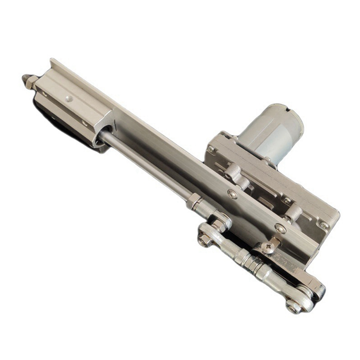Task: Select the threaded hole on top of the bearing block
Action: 68,99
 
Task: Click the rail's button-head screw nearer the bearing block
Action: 232,194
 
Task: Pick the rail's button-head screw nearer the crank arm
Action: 280,228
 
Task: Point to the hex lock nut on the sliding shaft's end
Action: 195,200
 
